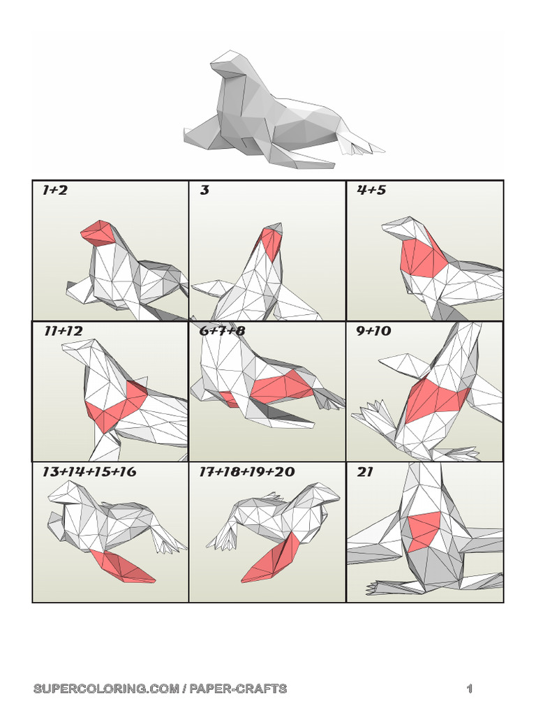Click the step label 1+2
54,190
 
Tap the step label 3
204,190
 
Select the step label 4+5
371,190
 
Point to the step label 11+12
64,331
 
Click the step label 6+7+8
222,331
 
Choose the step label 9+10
373,331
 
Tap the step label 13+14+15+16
89,471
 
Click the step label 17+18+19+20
247,471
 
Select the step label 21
365,472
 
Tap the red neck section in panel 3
271,244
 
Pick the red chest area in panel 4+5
422,258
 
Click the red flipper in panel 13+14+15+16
122,566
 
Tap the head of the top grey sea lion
231,63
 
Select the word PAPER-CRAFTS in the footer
238,688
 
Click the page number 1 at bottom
470,688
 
